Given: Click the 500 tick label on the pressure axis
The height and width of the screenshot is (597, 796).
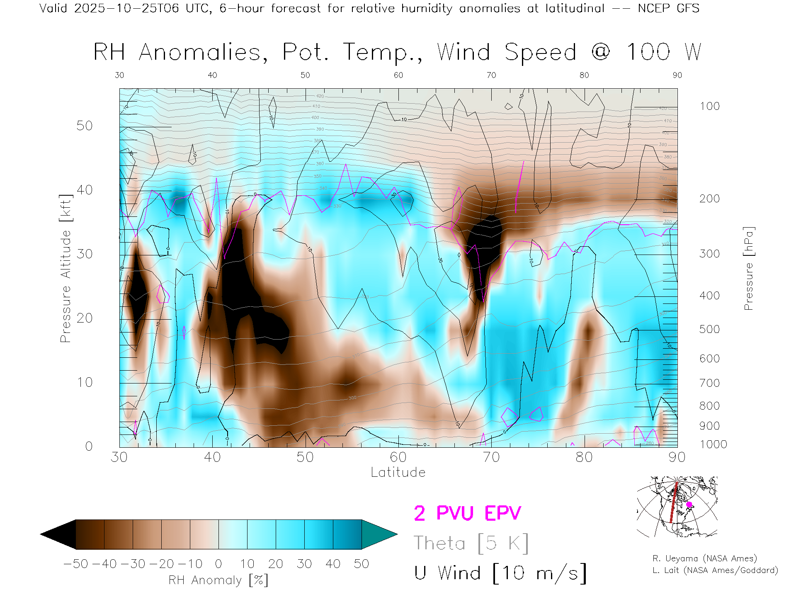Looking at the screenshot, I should pyautogui.click(x=709, y=329).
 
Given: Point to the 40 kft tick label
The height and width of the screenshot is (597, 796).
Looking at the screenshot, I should pyautogui.click(x=84, y=190).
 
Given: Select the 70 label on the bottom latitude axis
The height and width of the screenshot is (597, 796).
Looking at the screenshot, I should pyautogui.click(x=491, y=457).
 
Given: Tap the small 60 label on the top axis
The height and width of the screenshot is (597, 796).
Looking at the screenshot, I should pyautogui.click(x=398, y=75).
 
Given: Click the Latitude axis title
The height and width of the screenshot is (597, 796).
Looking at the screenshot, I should pyautogui.click(x=398, y=472).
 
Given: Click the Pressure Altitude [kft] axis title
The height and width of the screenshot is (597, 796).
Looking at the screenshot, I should pyautogui.click(x=66, y=269).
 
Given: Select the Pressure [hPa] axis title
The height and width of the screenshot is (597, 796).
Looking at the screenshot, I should pyautogui.click(x=749, y=269).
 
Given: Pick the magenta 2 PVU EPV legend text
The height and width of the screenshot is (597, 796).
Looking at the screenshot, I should pyautogui.click(x=467, y=513).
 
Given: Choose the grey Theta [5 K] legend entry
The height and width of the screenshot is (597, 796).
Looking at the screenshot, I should pyautogui.click(x=471, y=543).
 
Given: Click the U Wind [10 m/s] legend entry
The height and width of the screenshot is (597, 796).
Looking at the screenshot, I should pyautogui.click(x=500, y=573).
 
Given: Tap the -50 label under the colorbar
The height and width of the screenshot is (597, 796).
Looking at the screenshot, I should pyautogui.click(x=76, y=564).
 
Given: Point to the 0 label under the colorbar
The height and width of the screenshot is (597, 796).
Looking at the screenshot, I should pyautogui.click(x=218, y=564).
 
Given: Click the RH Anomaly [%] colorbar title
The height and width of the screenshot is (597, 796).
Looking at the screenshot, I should pyautogui.click(x=218, y=580).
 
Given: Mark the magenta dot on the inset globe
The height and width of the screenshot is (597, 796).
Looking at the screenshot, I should pyautogui.click(x=689, y=505).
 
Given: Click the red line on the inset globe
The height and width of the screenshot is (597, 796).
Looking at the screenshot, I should pyautogui.click(x=674, y=504).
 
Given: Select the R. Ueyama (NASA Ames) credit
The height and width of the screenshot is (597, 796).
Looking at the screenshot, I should pyautogui.click(x=704, y=558).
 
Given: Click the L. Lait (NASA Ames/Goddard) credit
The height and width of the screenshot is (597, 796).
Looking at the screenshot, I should pyautogui.click(x=715, y=570).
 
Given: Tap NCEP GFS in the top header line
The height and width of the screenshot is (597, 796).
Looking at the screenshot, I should pyautogui.click(x=668, y=8).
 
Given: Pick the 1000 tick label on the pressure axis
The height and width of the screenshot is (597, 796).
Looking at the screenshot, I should pyautogui.click(x=713, y=444).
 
